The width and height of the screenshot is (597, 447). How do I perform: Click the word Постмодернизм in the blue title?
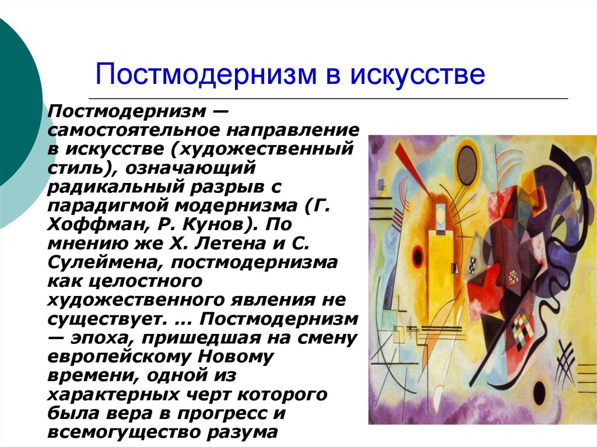click(x=206, y=73)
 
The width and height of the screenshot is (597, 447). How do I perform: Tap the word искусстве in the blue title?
click(x=417, y=73)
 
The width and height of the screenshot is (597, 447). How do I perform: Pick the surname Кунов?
click(x=219, y=224)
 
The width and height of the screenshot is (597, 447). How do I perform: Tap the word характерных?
click(x=113, y=395)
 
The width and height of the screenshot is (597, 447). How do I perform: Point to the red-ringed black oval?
click(x=418, y=256)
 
